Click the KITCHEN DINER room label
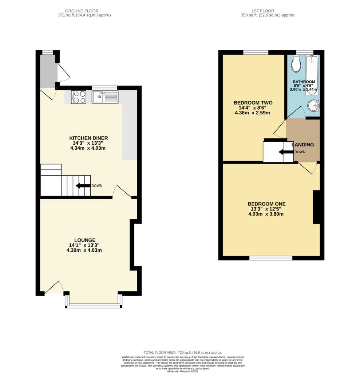[x=88, y=138]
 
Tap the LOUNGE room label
[x=85, y=240]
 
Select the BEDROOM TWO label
[x=253, y=103]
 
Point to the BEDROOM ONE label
[x=266, y=204]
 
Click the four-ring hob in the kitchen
[x=79, y=97]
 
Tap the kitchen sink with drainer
[x=105, y=97]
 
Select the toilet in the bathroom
[x=296, y=63]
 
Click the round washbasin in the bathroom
[x=313, y=105]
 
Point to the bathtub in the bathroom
[x=312, y=75]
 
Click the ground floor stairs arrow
[x=83, y=186]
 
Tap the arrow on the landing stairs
[x=286, y=152]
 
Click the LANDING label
[x=302, y=145]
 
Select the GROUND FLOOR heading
[x=82, y=11]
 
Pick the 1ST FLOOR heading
[x=263, y=11]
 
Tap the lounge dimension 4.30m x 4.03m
[x=84, y=250]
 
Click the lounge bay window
[x=94, y=306]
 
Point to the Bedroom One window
[x=271, y=258]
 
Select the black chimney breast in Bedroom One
[x=316, y=207]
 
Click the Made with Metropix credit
[x=183, y=371]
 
